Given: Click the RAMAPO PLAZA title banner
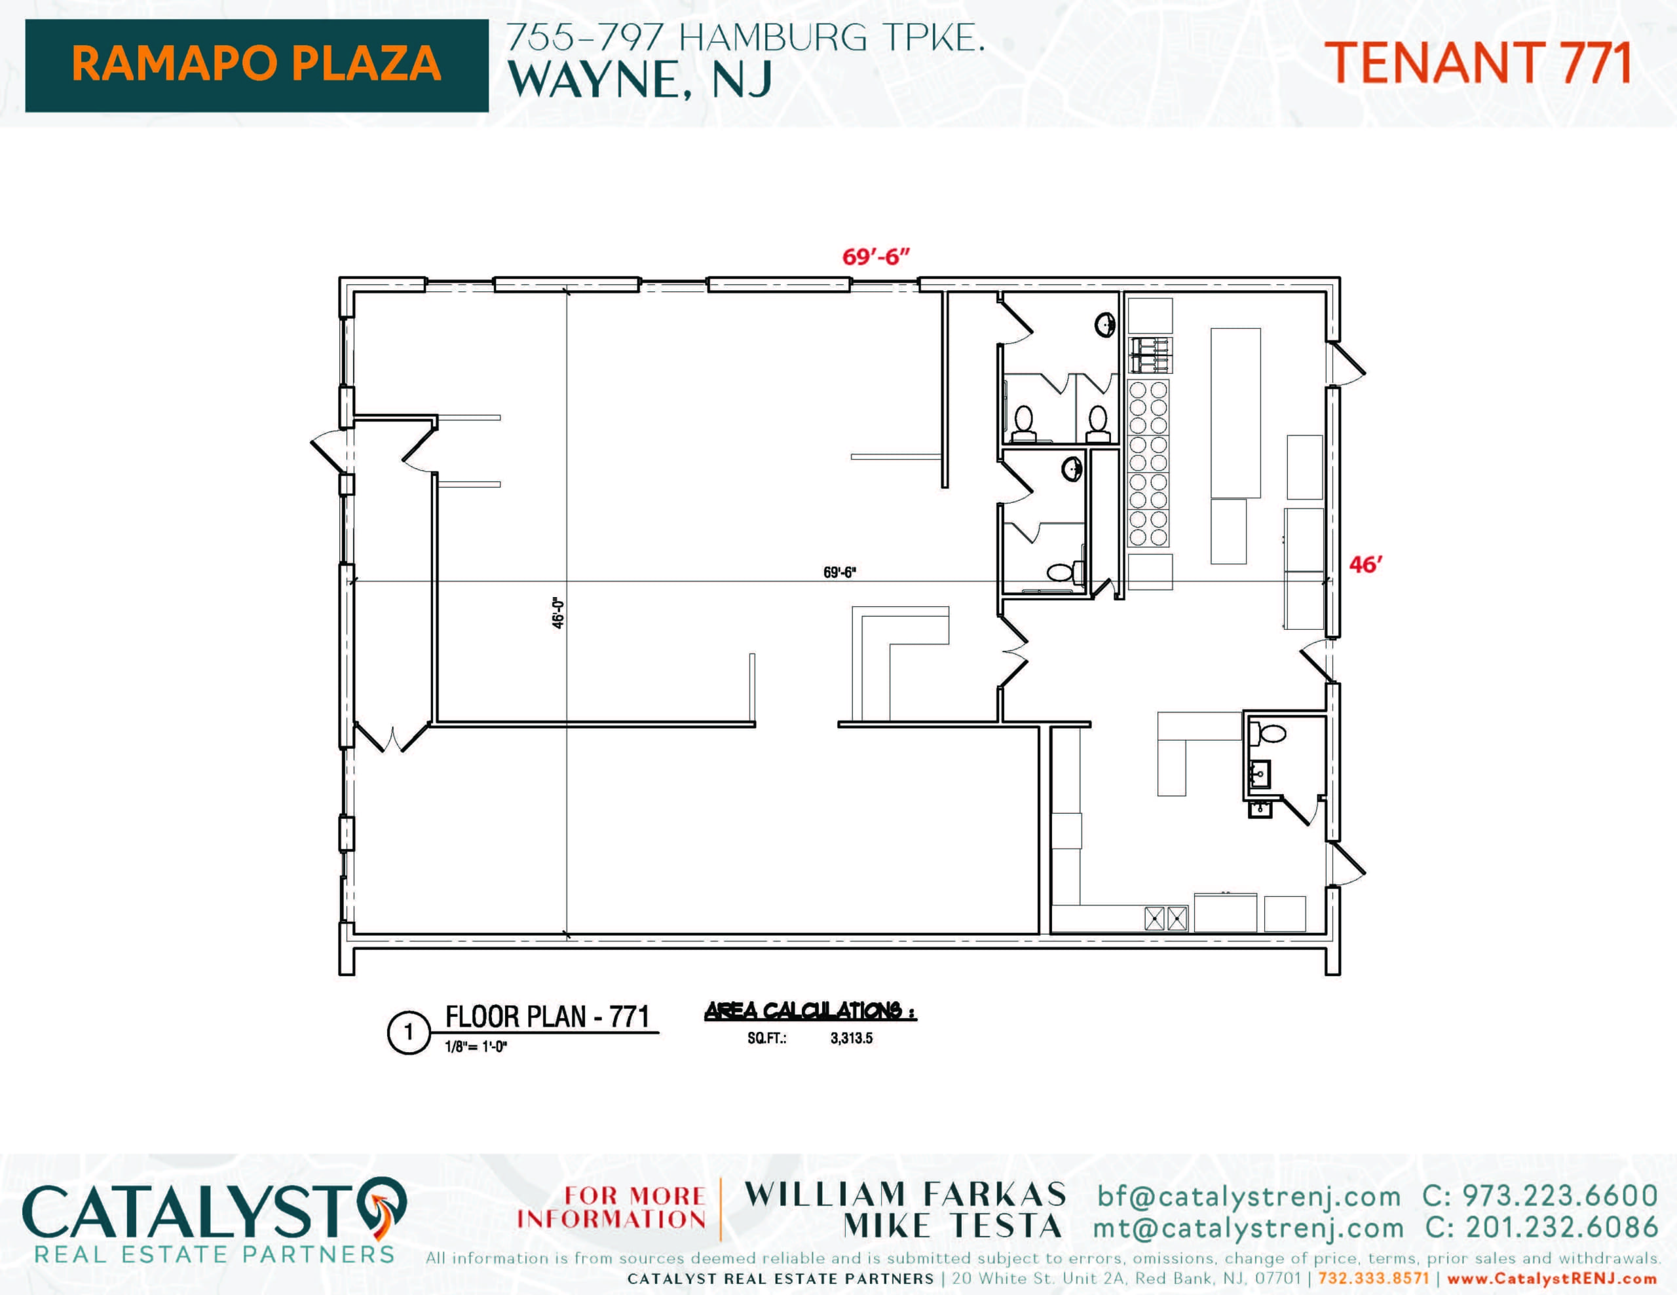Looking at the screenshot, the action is point(257,65).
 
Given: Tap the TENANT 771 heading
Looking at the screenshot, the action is point(1478,63).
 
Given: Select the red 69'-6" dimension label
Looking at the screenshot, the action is point(875,257).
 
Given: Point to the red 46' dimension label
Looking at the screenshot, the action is point(1365,565).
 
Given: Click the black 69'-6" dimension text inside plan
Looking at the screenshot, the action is point(839,573).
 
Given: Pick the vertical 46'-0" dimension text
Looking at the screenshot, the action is point(558,613).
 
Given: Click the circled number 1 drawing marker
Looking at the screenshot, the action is point(409,1032).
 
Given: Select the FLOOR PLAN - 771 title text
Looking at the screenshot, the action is point(548,1017).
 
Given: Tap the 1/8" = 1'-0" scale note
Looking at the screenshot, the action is point(476,1046).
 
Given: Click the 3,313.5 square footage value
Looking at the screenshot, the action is point(852,1038).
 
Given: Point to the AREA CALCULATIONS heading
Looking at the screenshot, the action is point(810,1011).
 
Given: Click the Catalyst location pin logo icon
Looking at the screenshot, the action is point(382,1206).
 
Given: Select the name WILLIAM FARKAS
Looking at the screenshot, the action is point(905,1194).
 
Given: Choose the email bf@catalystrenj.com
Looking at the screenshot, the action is point(1249,1196).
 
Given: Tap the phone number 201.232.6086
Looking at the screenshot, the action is point(1562,1227).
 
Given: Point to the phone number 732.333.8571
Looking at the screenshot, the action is point(1374,1279).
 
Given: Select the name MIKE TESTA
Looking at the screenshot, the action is point(953,1226).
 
